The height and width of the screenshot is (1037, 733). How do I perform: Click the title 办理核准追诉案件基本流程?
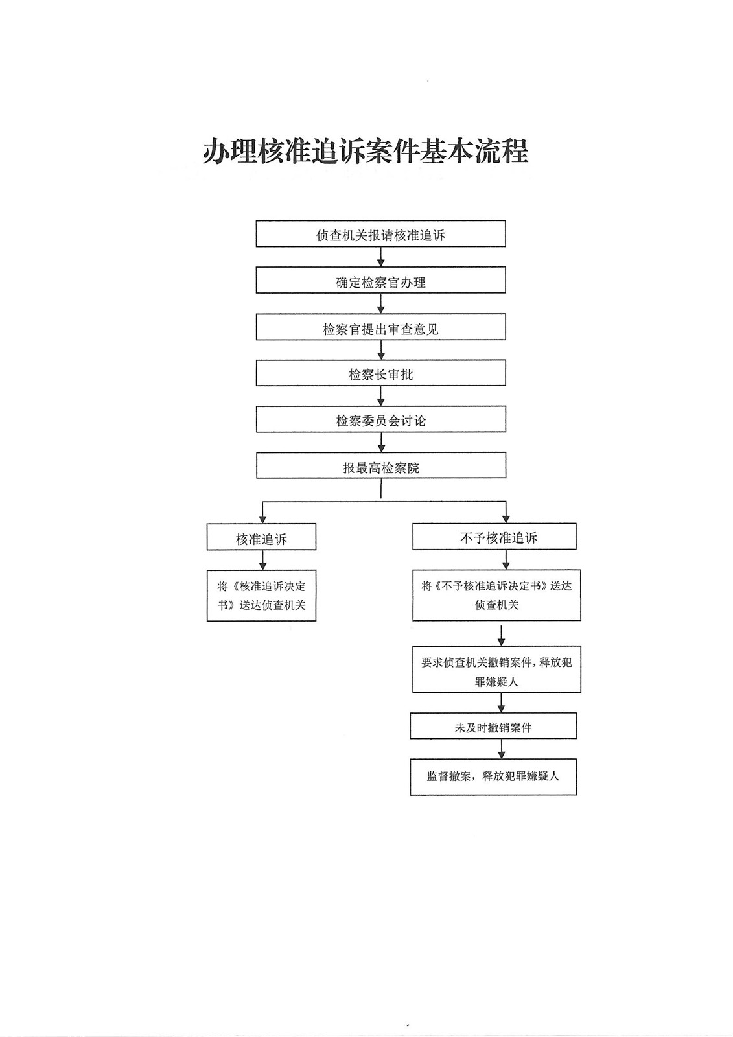(366, 152)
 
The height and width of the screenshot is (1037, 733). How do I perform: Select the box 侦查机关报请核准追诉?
(380, 234)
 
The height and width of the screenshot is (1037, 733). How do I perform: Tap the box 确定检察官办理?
(380, 281)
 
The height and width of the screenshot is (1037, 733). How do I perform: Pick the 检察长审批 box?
(380, 373)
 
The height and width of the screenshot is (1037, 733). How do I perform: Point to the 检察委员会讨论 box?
(380, 419)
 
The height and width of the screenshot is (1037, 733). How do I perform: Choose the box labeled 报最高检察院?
(380, 466)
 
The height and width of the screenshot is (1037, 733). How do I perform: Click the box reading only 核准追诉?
(261, 537)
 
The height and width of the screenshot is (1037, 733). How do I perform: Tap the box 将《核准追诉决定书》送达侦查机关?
(261, 596)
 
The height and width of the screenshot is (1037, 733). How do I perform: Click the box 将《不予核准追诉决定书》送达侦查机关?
(496, 595)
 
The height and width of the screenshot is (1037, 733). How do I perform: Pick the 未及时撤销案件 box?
(493, 727)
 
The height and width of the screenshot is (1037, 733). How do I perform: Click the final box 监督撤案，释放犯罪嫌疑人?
(493, 776)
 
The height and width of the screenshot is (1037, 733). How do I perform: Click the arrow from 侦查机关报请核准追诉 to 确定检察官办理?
(381, 257)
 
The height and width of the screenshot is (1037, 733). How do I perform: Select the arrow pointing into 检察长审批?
(381, 351)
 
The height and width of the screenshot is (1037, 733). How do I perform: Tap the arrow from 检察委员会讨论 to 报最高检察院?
(381, 443)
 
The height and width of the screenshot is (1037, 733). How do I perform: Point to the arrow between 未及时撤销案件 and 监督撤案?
(501, 749)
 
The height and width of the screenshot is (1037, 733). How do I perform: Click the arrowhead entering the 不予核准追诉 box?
(506, 518)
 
